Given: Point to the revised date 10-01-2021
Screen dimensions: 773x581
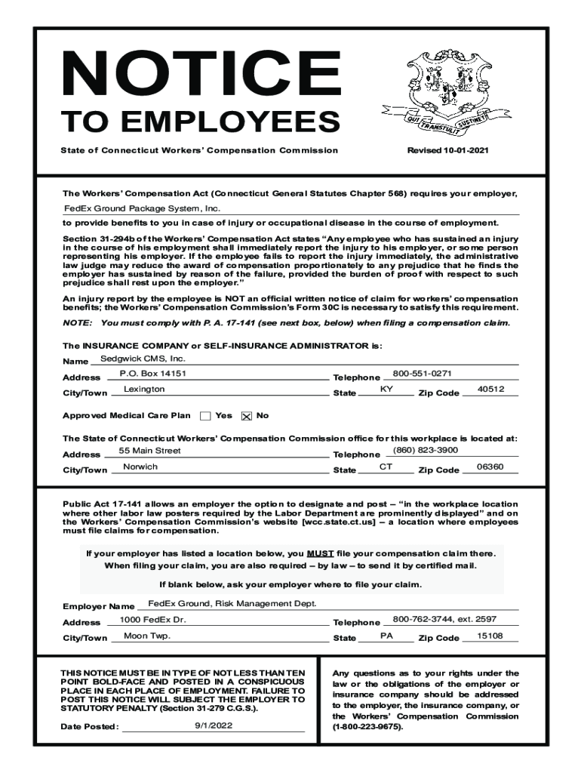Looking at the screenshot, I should (x=448, y=150).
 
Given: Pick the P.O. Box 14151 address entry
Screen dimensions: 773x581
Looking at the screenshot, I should (x=153, y=374).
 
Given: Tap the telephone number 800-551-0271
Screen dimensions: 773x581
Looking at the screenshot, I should (x=422, y=373).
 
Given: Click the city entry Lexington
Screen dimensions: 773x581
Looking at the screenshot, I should (x=143, y=390).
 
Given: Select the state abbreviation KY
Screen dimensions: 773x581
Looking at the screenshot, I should (x=386, y=389).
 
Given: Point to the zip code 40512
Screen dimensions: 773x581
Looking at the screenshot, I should (x=491, y=389).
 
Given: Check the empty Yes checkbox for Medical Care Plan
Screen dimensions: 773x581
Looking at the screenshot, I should (x=205, y=416).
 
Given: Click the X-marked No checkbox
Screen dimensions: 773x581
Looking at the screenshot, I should (x=246, y=416).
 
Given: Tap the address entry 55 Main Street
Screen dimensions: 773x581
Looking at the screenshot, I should (x=150, y=451).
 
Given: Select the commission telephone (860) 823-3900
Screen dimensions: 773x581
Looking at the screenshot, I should (x=426, y=450).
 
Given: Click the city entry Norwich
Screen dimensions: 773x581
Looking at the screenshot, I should (x=140, y=467).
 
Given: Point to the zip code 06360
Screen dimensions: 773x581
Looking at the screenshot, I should (x=490, y=467).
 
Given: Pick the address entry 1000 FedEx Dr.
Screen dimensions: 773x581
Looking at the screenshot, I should (x=152, y=619).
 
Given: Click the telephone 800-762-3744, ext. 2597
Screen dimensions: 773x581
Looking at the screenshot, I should (x=444, y=619).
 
